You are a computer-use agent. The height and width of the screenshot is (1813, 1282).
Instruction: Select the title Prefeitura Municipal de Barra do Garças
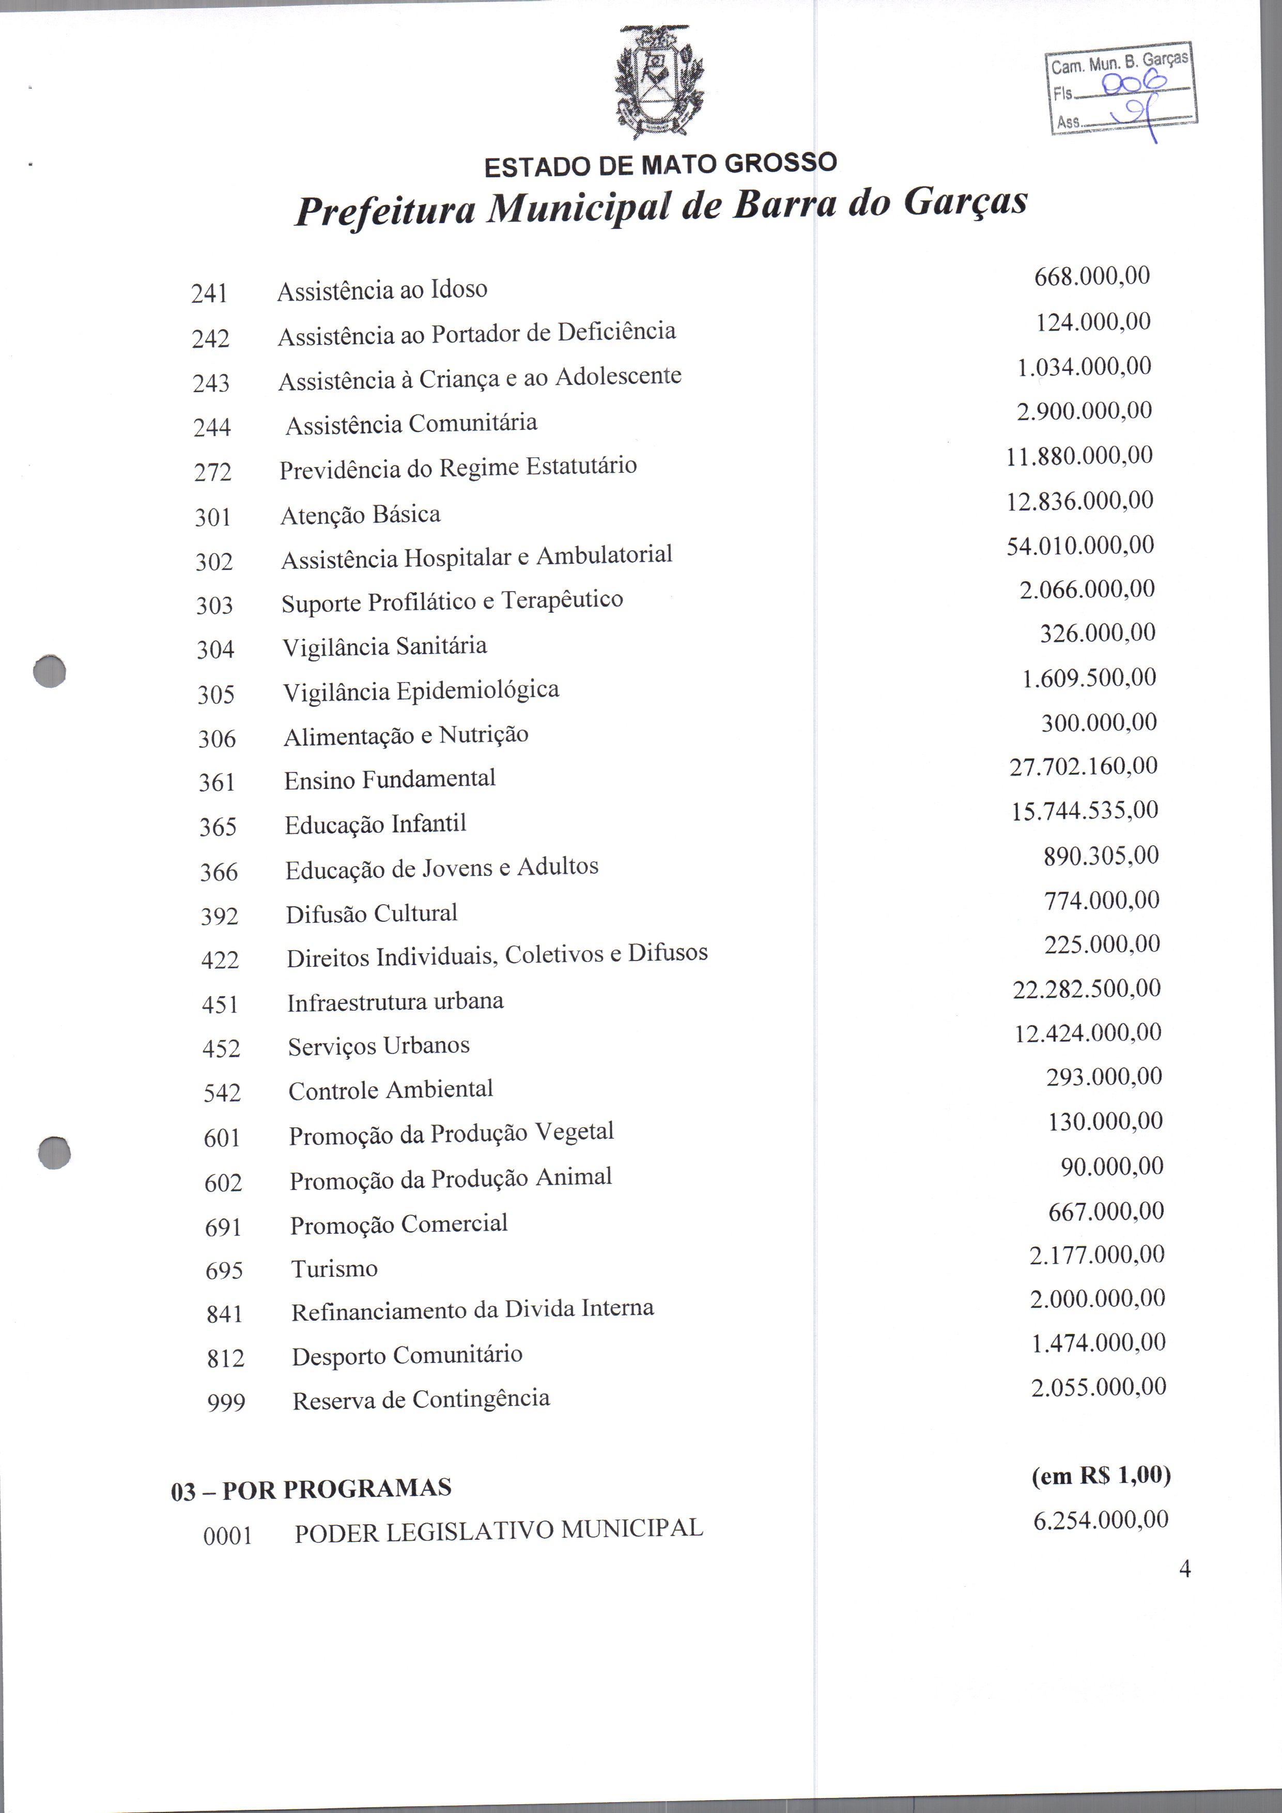pyautogui.click(x=660, y=205)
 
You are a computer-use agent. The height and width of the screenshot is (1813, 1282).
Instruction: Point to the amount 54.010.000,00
pyautogui.click(x=1080, y=546)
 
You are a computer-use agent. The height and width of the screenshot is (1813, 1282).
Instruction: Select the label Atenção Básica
pyautogui.click(x=360, y=515)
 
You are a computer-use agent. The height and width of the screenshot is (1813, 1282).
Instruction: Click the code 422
pyautogui.click(x=220, y=960)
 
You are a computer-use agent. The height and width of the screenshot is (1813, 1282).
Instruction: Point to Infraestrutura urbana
pyautogui.click(x=395, y=1002)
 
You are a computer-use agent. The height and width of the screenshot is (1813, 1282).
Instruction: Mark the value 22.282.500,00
pyautogui.click(x=1086, y=988)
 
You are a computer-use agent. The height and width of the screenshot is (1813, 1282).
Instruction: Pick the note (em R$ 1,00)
pyautogui.click(x=1100, y=1476)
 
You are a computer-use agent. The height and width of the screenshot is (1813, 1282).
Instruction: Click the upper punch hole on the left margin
pyautogui.click(x=50, y=671)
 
